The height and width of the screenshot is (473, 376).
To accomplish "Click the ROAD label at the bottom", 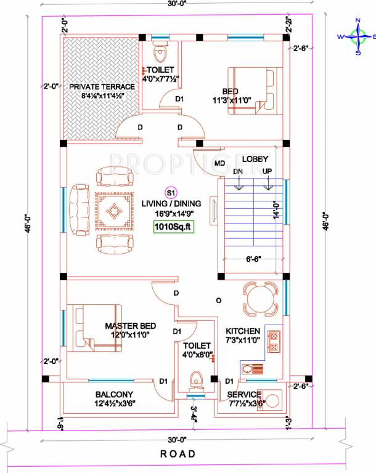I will pos(178,454).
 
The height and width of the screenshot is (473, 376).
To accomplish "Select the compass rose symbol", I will pos(357,36).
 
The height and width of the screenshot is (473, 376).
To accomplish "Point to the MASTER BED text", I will pos(130,326).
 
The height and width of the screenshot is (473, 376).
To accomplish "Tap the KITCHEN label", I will pos(243,331).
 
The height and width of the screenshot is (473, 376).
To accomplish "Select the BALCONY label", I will pos(115,394).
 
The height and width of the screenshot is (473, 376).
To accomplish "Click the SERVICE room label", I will pos(245,394).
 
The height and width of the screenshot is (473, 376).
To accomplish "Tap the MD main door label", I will pos(219,164).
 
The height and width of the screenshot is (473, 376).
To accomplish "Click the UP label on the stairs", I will pos(268,171).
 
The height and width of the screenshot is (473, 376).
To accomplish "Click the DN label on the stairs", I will pos(238,171).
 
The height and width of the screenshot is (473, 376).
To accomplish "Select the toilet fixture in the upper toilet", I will pos(161,52).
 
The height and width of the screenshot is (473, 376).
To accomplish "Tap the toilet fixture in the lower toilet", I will pos(197,380).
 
